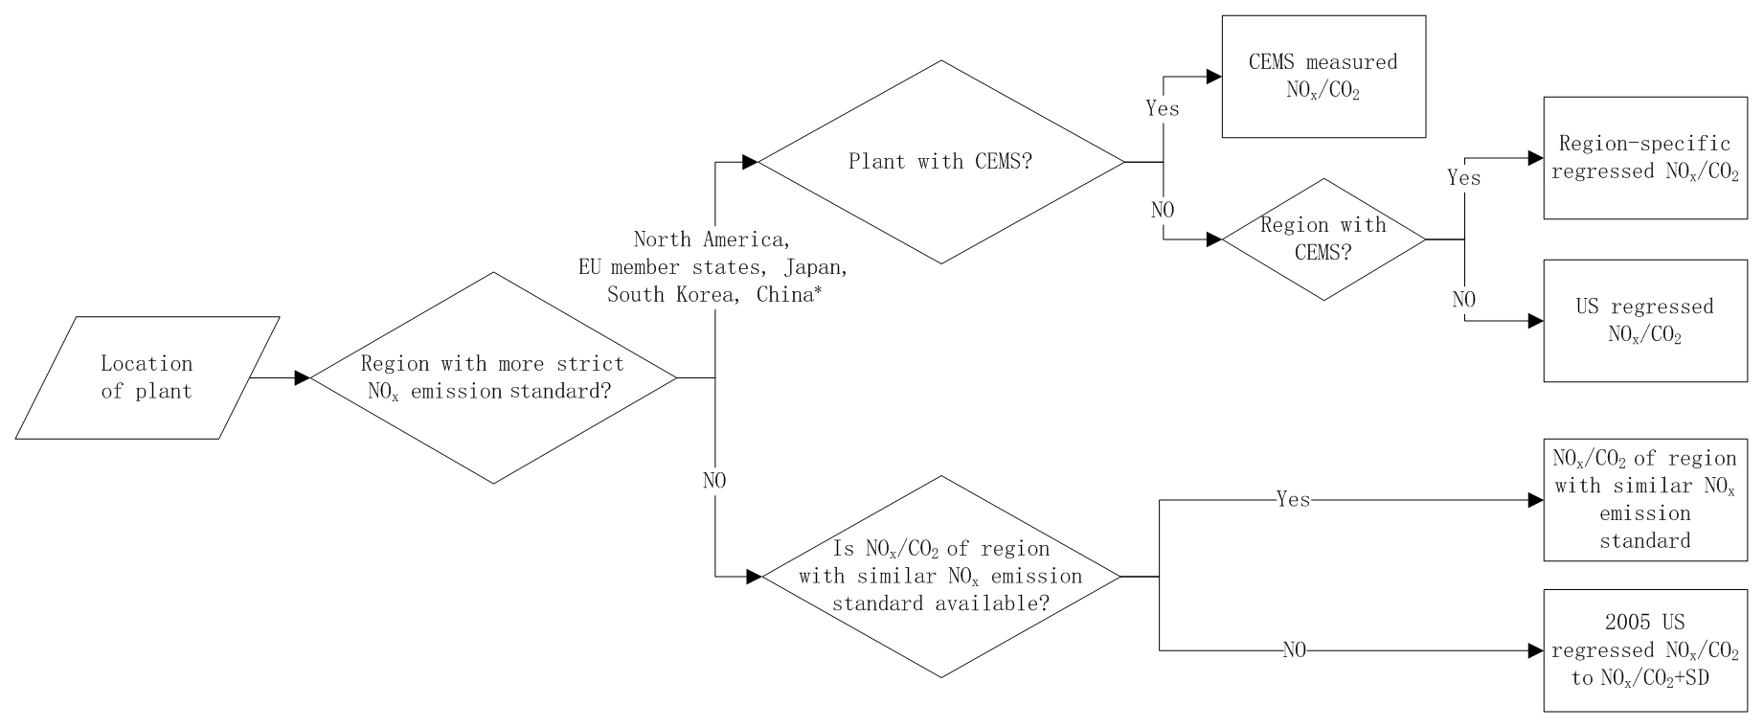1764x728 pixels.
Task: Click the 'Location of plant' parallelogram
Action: pyautogui.click(x=147, y=377)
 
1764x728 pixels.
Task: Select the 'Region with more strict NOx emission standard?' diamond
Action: pyautogui.click(x=493, y=377)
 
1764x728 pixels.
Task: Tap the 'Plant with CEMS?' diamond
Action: pyautogui.click(x=940, y=162)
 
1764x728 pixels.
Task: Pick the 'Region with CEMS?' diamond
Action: pyautogui.click(x=1323, y=239)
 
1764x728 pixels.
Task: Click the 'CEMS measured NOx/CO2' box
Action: pyautogui.click(x=1323, y=76)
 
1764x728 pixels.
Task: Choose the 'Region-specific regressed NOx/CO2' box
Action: pyautogui.click(x=1645, y=158)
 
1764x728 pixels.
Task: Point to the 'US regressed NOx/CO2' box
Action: pyautogui.click(x=1645, y=321)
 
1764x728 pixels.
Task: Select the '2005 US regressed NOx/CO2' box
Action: pyautogui.click(x=1645, y=650)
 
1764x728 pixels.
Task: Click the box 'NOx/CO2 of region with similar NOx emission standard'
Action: pyautogui.click(x=1645, y=499)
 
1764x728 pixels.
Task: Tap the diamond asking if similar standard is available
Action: pyautogui.click(x=940, y=577)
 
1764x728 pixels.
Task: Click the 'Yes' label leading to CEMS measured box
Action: pyautogui.click(x=1163, y=108)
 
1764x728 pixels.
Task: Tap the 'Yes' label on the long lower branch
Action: pyautogui.click(x=1293, y=499)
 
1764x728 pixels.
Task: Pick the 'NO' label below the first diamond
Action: pyautogui.click(x=714, y=481)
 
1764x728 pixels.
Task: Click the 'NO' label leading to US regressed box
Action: pyautogui.click(x=1464, y=300)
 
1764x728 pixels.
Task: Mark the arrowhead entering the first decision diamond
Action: pyautogui.click(x=303, y=378)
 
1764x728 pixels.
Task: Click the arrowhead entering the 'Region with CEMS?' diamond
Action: pyautogui.click(x=1213, y=239)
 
